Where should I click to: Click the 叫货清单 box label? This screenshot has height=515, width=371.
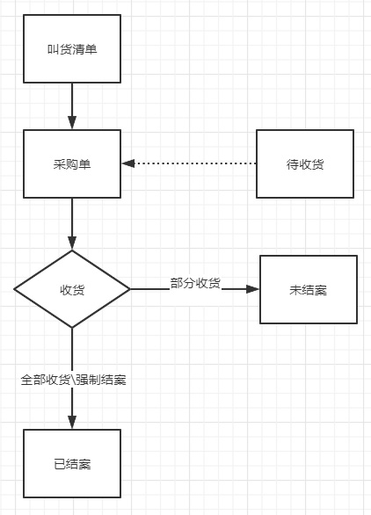[x=72, y=49]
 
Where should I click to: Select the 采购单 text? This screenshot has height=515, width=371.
[x=72, y=164]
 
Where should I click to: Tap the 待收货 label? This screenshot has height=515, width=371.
[x=305, y=164]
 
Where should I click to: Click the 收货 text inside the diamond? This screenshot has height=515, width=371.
[x=72, y=290]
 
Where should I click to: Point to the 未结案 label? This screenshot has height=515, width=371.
[x=309, y=290]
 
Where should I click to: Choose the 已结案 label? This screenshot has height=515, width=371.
[x=72, y=464]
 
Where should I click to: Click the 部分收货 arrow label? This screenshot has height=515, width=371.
[x=195, y=283]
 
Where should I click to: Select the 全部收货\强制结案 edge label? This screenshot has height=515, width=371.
[x=74, y=380]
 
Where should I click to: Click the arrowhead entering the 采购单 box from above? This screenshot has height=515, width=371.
[x=72, y=123]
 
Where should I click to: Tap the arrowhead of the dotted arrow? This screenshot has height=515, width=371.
[x=128, y=163]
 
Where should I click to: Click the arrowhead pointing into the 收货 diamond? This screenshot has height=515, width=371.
[x=72, y=243]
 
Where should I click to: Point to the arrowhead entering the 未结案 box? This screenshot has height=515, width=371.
[x=252, y=289]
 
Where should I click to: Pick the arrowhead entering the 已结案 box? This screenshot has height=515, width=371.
[x=72, y=423]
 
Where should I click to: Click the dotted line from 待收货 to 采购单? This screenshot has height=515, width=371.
[x=195, y=163]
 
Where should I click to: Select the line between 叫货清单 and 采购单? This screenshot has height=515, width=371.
[x=72, y=99]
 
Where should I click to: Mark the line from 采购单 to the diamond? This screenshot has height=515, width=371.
[x=72, y=217]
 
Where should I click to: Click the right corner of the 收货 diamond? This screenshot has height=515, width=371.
[x=130, y=289]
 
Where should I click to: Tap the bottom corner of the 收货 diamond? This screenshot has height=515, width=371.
[x=72, y=328]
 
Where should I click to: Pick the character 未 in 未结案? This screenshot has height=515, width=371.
[x=295, y=290]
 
